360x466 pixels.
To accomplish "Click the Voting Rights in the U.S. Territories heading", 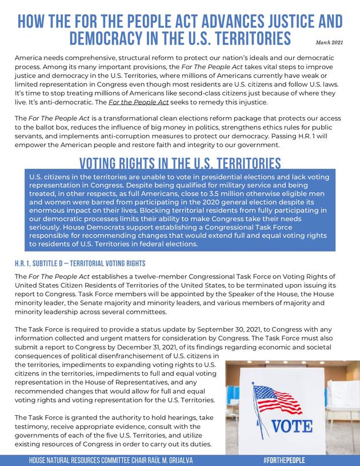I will pyautogui.click(x=180, y=162).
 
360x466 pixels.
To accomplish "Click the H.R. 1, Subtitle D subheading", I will pyautogui.click(x=80, y=264).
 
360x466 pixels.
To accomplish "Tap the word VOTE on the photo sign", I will pyautogui.click(x=291, y=427).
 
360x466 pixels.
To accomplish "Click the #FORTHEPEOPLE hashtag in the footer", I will pyautogui.click(x=284, y=460).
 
